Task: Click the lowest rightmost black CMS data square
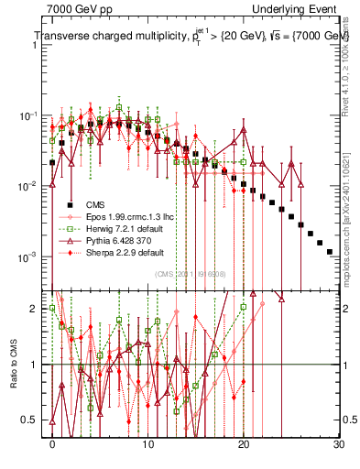pos(330,251)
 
